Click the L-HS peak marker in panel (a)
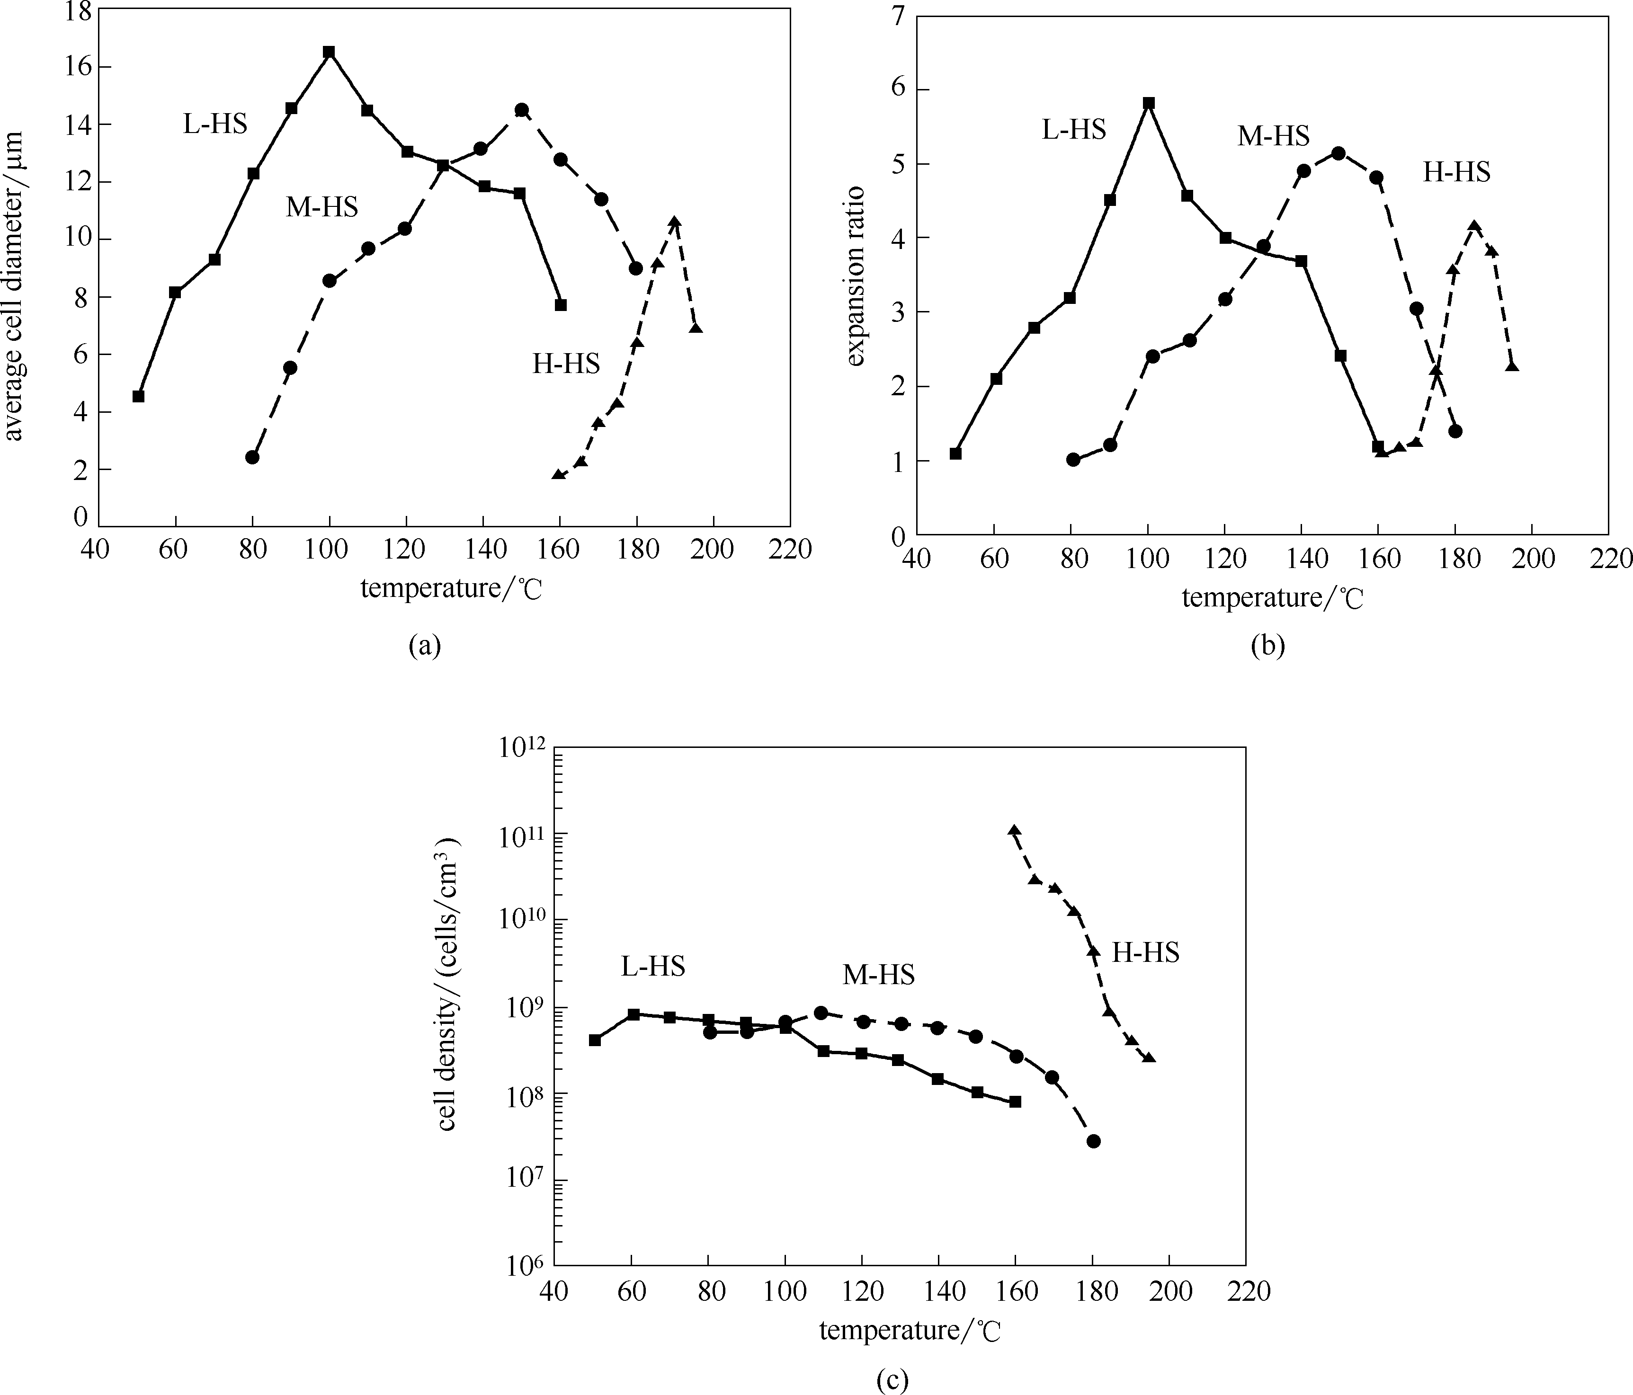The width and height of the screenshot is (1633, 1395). click(329, 52)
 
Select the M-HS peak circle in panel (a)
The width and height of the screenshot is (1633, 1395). click(521, 109)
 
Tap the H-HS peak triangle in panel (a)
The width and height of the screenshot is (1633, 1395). click(675, 222)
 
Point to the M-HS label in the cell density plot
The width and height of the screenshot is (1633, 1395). click(879, 975)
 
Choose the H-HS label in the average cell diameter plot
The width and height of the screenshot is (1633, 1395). click(566, 364)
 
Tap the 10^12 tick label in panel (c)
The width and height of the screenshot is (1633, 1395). click(522, 746)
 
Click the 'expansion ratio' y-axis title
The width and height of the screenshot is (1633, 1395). click(856, 276)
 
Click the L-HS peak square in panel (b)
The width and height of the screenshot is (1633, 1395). click(1148, 103)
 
